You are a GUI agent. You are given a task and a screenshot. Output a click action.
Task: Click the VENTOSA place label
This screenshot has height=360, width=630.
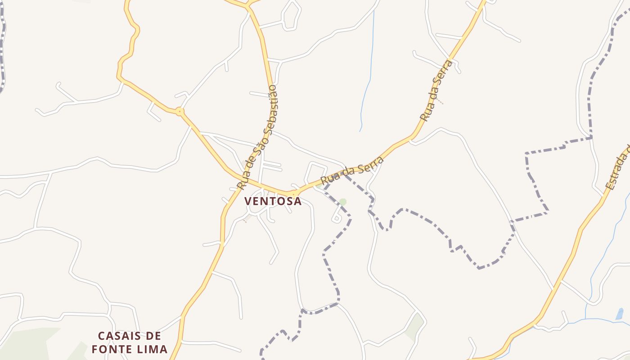click(273, 201)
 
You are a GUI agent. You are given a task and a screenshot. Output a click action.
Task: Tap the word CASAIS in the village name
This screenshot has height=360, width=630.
click(115, 336)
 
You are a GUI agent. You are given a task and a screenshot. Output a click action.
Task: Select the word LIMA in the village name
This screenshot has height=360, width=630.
click(152, 349)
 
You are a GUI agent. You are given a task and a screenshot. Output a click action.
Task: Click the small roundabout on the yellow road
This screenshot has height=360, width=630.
click(180, 111)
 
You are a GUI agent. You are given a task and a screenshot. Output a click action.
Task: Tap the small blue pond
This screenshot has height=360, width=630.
click(620, 314)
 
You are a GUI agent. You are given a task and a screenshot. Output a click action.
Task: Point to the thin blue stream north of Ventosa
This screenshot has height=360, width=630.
click(367, 85)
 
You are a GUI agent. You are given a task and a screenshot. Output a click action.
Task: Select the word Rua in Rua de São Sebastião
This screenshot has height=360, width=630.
click(242, 181)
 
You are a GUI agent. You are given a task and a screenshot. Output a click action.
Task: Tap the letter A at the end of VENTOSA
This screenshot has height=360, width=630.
click(297, 201)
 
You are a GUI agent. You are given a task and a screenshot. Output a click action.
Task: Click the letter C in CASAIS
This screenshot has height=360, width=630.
click(101, 336)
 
